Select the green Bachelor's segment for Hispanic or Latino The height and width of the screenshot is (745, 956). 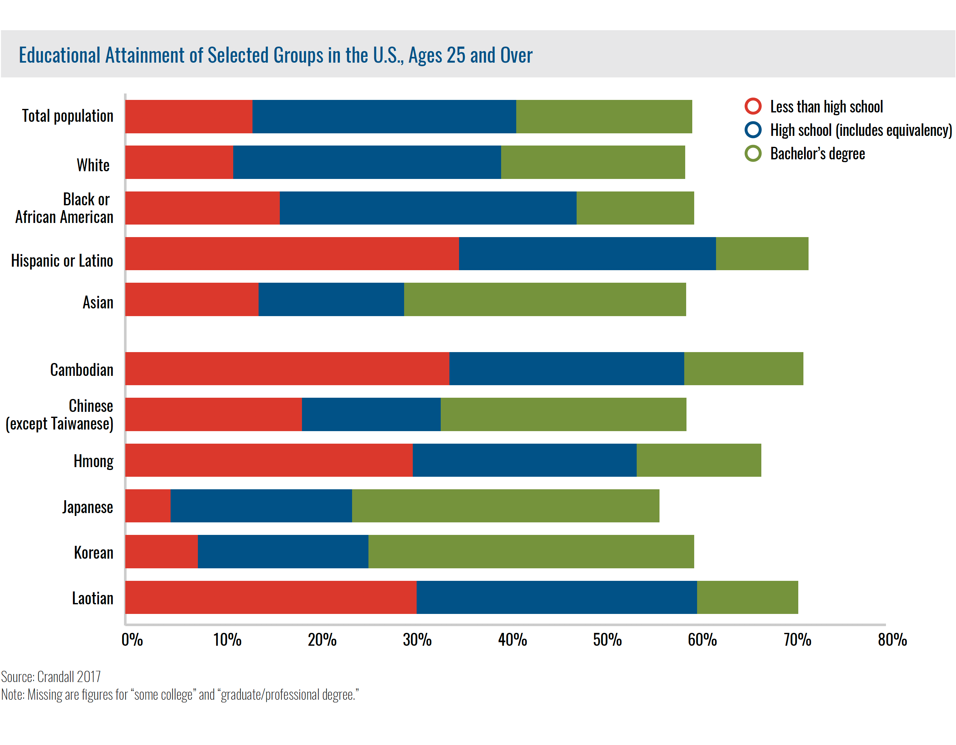(x=762, y=253)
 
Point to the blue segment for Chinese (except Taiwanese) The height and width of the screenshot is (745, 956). (x=371, y=414)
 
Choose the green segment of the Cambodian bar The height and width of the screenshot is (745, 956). (x=743, y=368)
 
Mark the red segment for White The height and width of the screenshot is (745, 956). (x=179, y=162)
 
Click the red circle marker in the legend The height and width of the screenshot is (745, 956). (x=753, y=106)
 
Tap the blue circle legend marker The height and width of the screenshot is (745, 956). (x=753, y=130)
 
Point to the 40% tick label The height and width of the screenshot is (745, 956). (x=512, y=640)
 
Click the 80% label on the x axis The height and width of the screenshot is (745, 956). (x=892, y=640)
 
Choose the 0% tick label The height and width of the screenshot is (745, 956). (x=132, y=640)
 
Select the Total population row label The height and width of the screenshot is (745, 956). (x=68, y=116)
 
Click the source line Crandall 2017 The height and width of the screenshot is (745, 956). (x=51, y=677)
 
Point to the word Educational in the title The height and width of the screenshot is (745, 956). (x=59, y=55)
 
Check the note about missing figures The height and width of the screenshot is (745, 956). (x=180, y=695)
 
